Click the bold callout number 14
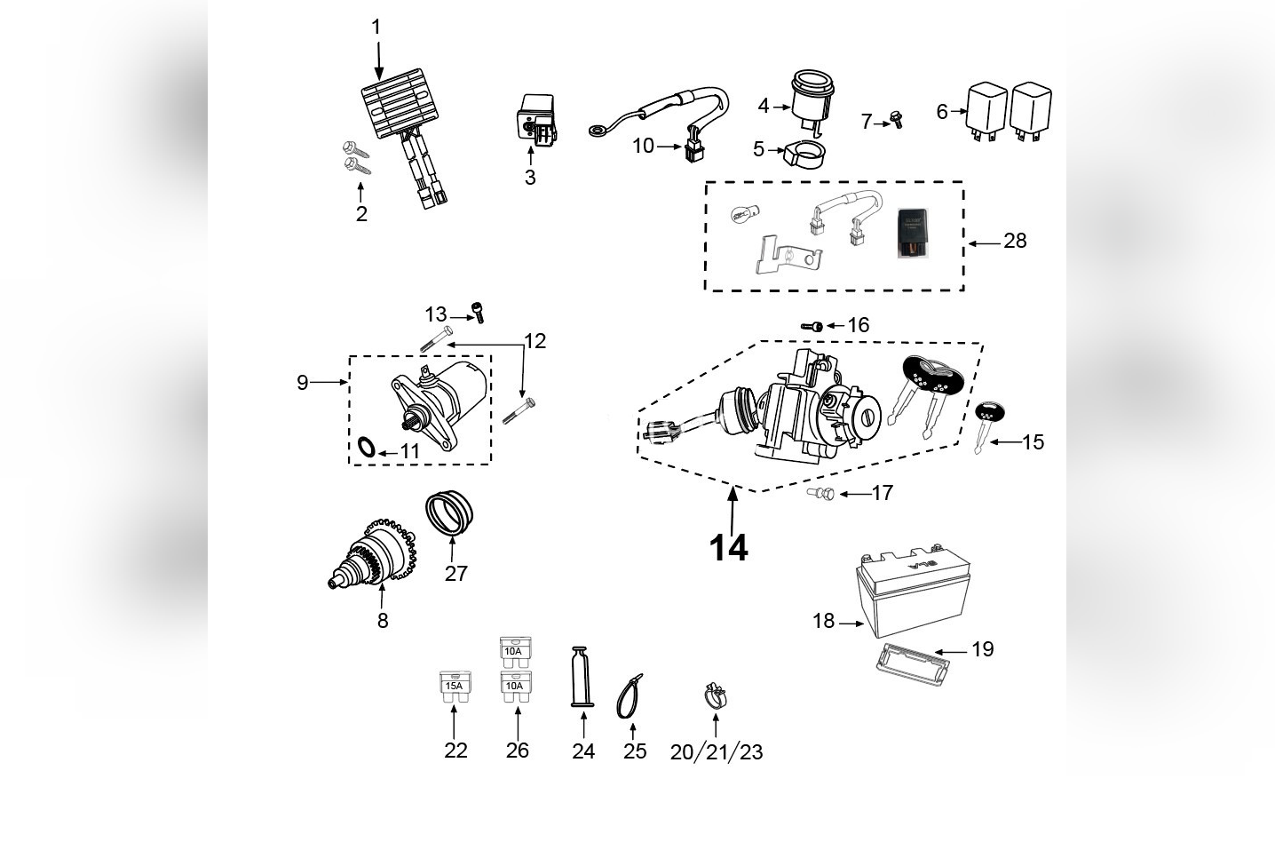click(x=728, y=548)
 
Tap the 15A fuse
click(x=455, y=688)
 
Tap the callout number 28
click(x=1014, y=241)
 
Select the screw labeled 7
click(x=896, y=119)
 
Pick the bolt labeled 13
click(x=480, y=312)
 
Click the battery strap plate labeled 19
click(x=905, y=662)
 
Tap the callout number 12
click(x=535, y=341)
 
